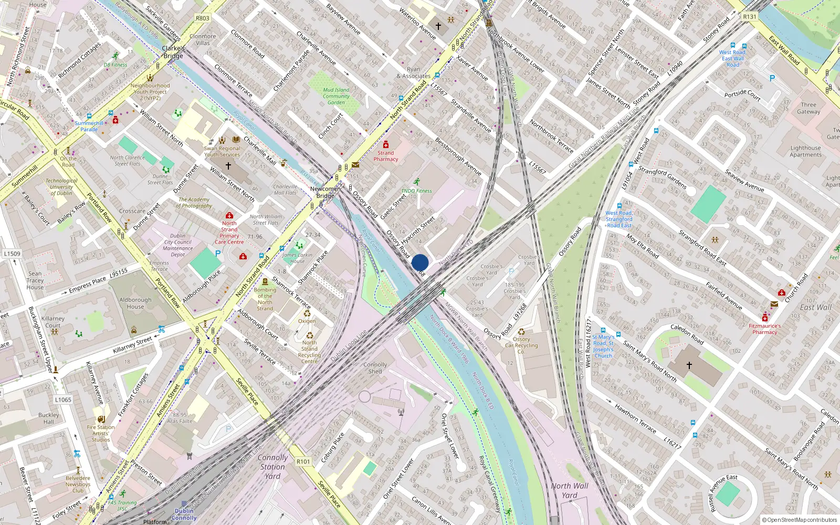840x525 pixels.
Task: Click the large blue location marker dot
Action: coord(420,262)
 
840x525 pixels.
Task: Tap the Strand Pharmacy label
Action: coord(386,156)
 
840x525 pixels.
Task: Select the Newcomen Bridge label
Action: coord(325,192)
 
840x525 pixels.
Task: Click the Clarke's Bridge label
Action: coord(173,52)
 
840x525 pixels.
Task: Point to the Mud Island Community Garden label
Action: coord(336,96)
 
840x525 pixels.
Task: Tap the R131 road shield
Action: coord(750,17)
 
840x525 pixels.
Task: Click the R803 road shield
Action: coord(203,18)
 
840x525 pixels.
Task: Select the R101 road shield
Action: coord(303,461)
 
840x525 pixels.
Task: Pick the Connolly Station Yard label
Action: coord(272,467)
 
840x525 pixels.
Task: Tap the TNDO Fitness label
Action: coord(416,191)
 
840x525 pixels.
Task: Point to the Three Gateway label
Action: coord(808,108)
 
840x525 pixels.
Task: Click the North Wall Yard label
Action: coord(570,490)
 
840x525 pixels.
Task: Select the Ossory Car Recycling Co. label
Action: coord(521,345)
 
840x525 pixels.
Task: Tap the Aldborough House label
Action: coord(135,303)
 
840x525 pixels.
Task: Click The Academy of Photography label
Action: coord(195,203)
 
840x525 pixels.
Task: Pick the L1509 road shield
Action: coord(12,254)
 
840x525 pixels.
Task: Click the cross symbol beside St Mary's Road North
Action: coord(689,365)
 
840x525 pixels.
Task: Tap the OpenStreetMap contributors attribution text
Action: coord(800,520)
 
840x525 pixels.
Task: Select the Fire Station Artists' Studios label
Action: coord(101,433)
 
